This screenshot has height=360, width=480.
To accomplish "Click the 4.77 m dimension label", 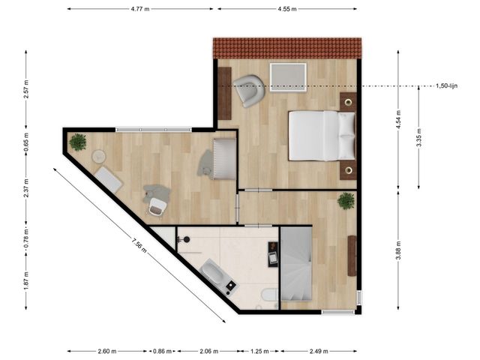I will point(142,10).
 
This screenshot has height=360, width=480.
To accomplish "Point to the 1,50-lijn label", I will point(447,86).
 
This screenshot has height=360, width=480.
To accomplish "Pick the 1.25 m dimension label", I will point(259,351).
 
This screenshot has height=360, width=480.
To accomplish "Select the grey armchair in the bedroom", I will point(248,91).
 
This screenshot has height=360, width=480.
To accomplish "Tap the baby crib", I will point(223,158).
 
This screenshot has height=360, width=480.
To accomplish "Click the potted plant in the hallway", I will point(346,201).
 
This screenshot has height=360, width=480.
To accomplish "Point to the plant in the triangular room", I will point(77,141).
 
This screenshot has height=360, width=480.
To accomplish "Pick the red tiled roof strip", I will point(286,48).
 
